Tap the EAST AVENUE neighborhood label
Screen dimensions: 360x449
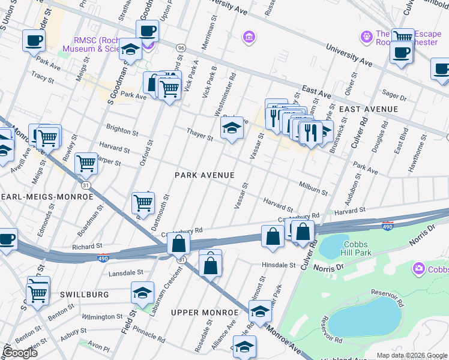368,109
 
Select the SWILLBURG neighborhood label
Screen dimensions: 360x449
84,294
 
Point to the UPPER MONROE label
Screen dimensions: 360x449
205,313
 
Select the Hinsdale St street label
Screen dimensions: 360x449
279,264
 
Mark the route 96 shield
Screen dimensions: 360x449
180,47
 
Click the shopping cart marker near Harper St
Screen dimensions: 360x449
86,162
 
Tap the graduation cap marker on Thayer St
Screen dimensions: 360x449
232,128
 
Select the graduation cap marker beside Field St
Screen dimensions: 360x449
143,293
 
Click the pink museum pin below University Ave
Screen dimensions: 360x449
248,38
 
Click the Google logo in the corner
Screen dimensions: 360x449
20,353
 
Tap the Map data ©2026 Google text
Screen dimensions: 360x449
411,355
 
